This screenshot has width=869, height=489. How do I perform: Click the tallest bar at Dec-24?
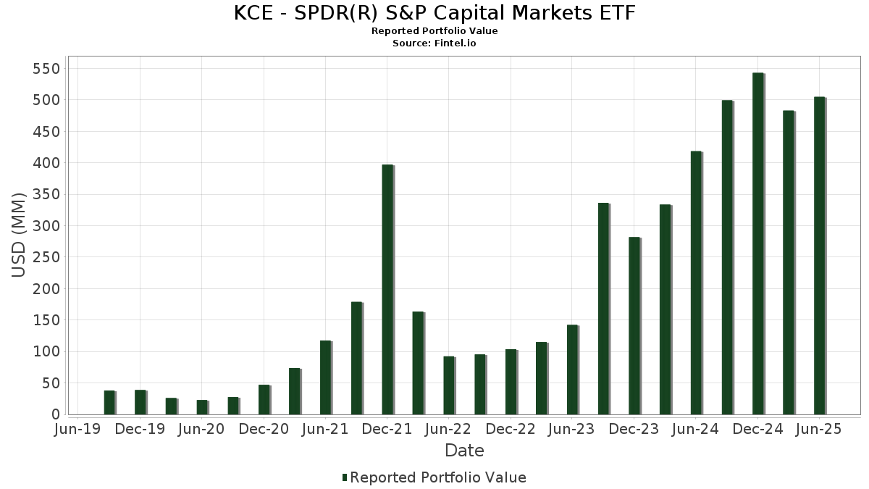(758, 243)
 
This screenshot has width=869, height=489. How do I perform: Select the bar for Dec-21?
(387, 290)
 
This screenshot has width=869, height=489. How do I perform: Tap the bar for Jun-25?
(820, 256)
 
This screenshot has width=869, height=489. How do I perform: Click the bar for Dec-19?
(140, 402)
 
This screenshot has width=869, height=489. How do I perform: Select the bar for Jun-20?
(202, 407)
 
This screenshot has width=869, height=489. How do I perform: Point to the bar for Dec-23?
(634, 326)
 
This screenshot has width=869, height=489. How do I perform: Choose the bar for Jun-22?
(449, 385)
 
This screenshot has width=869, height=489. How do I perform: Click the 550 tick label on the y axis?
(46, 69)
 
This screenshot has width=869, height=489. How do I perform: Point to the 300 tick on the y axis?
(46, 226)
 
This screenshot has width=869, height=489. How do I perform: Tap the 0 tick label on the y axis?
(55, 414)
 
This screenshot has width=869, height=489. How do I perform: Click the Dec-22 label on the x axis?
(511, 429)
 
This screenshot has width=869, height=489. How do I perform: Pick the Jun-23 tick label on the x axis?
(572, 429)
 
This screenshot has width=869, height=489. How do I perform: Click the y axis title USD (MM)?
(20, 235)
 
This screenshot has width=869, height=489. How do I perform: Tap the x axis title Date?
(464, 451)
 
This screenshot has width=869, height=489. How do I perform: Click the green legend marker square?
(345, 477)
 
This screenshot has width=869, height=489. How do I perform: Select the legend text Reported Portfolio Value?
(438, 477)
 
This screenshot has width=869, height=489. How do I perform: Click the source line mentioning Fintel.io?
(434, 43)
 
